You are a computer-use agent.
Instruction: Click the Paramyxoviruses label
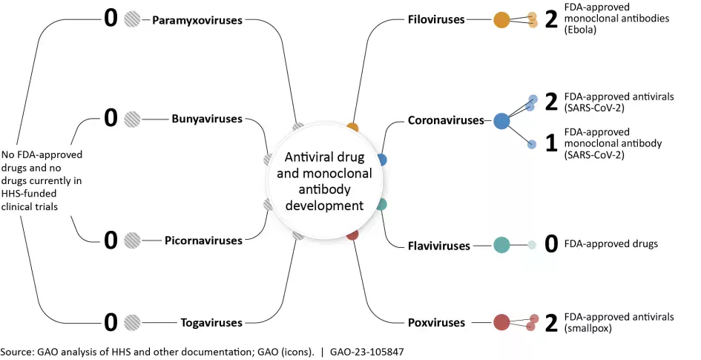click(x=197, y=20)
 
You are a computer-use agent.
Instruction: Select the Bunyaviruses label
click(x=207, y=118)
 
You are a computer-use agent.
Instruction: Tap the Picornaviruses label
click(x=203, y=240)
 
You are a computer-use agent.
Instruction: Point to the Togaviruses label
click(x=211, y=322)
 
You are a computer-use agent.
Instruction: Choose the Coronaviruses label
click(x=445, y=120)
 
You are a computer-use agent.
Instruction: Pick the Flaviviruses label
click(x=438, y=245)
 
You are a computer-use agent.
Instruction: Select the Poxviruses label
click(x=436, y=322)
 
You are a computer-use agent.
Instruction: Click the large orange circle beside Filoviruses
click(x=502, y=20)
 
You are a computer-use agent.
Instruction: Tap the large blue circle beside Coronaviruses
click(x=502, y=120)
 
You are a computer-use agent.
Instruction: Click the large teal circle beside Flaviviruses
click(x=502, y=244)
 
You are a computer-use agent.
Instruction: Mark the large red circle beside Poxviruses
click(x=502, y=322)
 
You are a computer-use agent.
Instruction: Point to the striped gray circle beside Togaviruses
click(x=132, y=322)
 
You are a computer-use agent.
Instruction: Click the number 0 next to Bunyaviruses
click(x=111, y=117)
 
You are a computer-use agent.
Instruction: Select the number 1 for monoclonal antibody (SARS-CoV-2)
click(x=550, y=144)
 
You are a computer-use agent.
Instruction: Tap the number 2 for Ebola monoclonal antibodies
click(x=550, y=20)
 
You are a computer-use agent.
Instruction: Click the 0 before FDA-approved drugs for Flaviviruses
click(x=550, y=244)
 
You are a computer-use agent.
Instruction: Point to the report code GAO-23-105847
click(x=366, y=350)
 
